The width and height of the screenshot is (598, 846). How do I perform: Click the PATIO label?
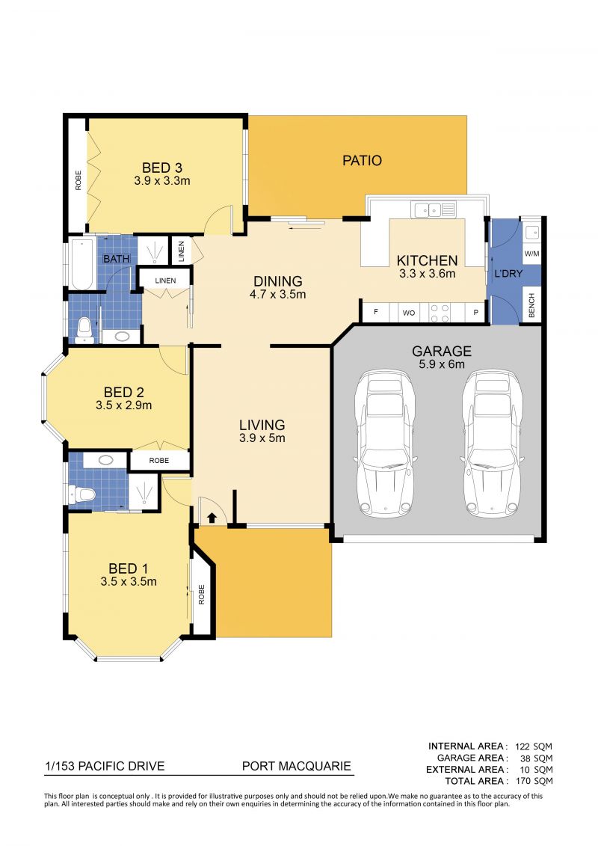[x=362, y=160]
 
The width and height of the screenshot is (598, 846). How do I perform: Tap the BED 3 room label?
[x=161, y=168]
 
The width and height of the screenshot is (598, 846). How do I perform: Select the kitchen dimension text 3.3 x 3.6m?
[x=427, y=274]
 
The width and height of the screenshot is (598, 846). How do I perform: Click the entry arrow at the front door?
[x=212, y=518]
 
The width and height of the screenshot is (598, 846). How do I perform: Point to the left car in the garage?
[x=384, y=444]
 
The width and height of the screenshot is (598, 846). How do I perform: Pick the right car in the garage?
[x=492, y=444]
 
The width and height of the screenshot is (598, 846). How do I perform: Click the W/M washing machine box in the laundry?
[x=531, y=254]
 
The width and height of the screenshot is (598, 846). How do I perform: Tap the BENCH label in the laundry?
[x=531, y=305]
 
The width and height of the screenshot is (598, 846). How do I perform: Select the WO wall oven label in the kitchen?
[x=409, y=313]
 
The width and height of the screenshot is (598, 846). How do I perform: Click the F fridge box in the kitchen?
[x=376, y=313]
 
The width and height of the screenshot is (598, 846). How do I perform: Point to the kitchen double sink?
[x=434, y=209]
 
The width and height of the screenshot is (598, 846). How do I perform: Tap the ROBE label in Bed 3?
[x=78, y=180]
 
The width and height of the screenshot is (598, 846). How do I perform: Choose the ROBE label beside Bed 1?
[x=202, y=594]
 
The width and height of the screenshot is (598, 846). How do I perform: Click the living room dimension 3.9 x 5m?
[x=262, y=438]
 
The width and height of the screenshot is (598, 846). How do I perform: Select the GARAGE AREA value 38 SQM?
[x=536, y=758]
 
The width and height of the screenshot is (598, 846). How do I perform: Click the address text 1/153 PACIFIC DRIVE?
[x=105, y=766]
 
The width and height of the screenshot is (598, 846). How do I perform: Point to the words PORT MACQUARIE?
[x=297, y=766]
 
